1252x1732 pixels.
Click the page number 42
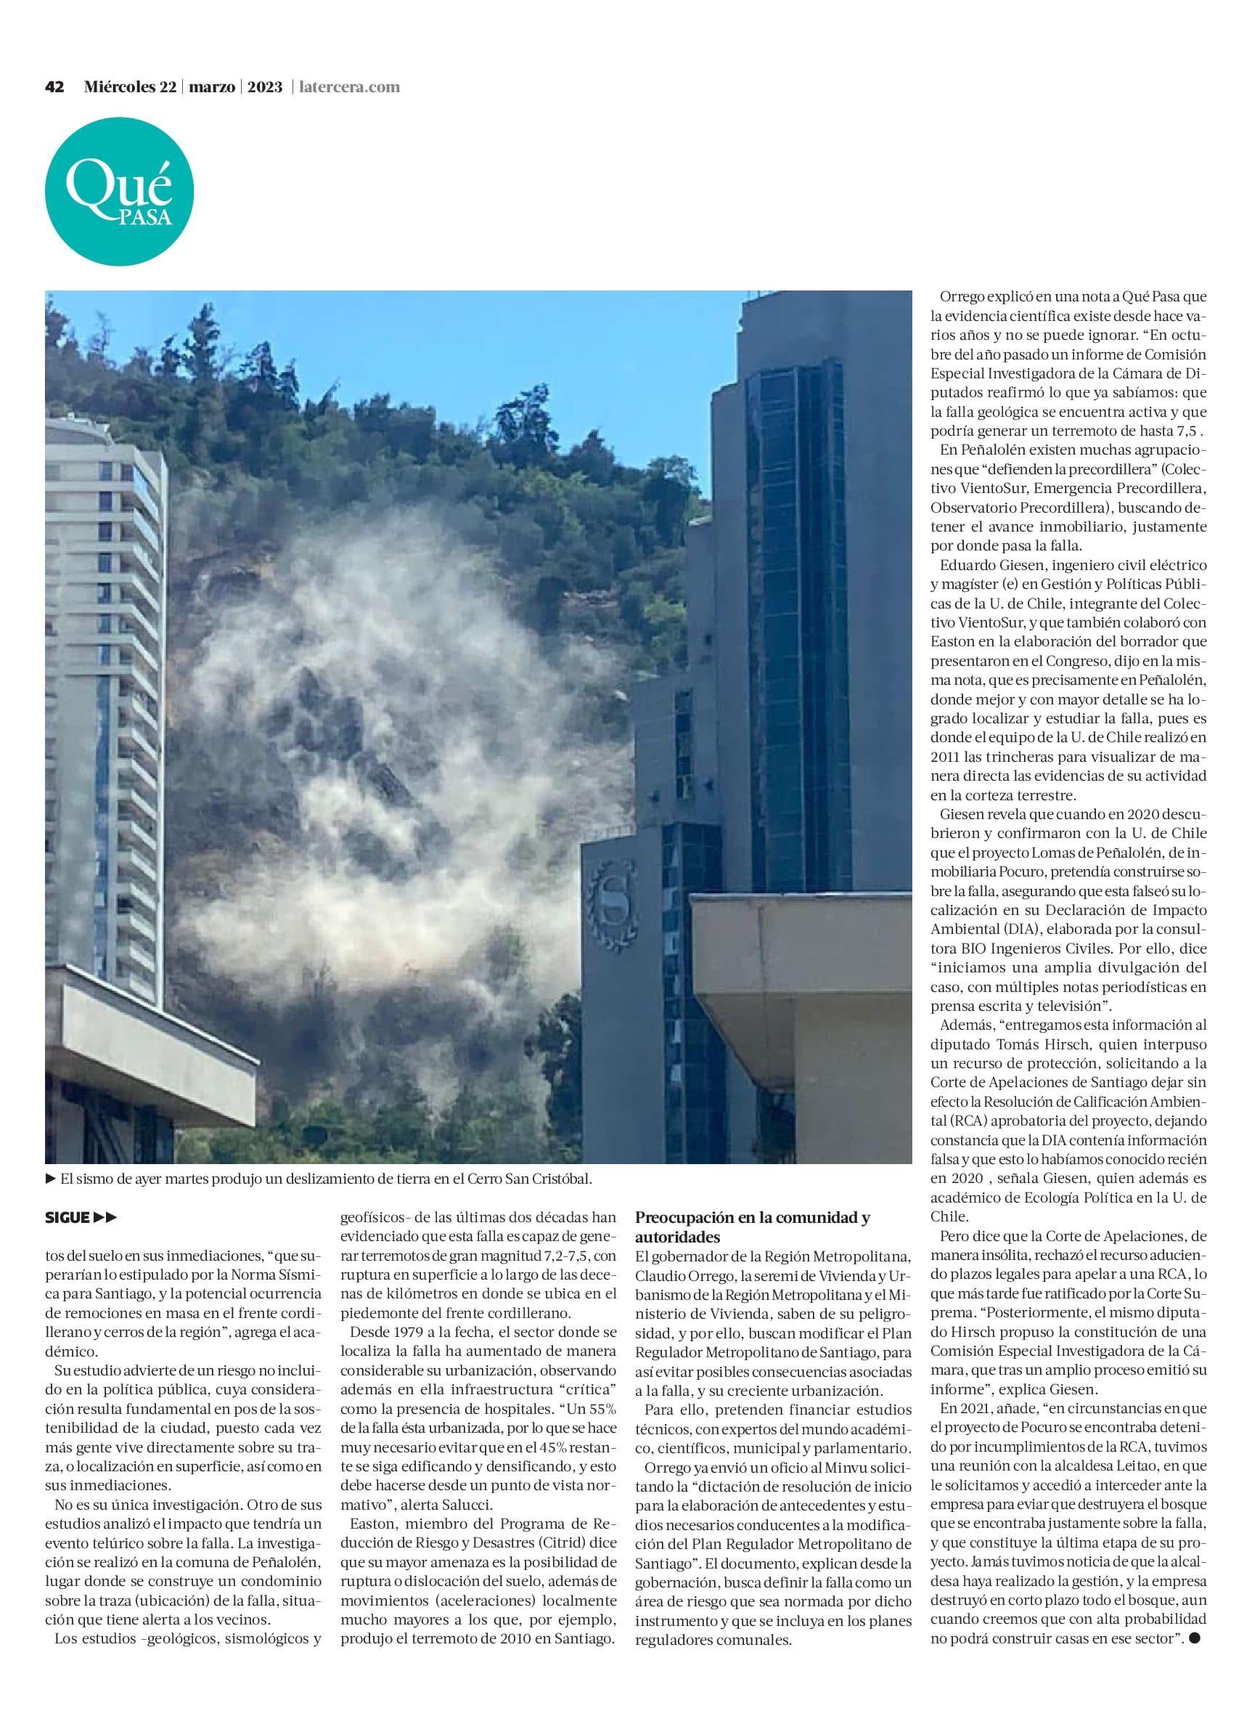pos(54,87)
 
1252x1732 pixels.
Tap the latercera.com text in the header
pos(351,87)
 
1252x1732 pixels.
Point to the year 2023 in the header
pos(265,87)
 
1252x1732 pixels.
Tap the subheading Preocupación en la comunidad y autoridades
pos(752,1226)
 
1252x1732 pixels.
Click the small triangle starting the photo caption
pos(51,1179)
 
